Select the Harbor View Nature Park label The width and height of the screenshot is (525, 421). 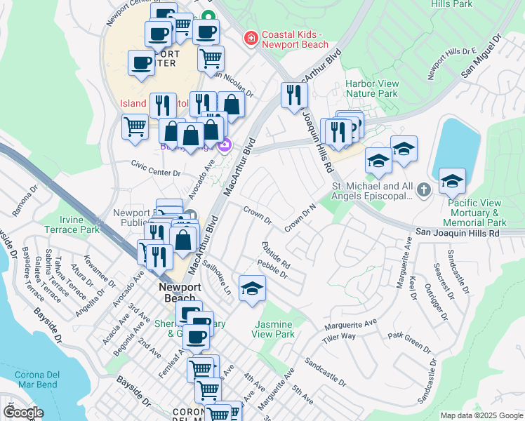pyautogui.click(x=372, y=88)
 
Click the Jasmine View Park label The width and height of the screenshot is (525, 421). pyautogui.click(x=274, y=330)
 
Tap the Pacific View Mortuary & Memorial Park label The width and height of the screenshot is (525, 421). pyautogui.click(x=484, y=213)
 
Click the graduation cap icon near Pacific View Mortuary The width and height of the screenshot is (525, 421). pyautogui.click(x=453, y=182)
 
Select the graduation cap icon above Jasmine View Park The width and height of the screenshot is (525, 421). pyautogui.click(x=252, y=289)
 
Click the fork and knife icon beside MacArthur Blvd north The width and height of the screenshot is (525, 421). pyautogui.click(x=294, y=95)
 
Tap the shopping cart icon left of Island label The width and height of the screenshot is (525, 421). pyautogui.click(x=135, y=128)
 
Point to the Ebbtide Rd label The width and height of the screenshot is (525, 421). pyautogui.click(x=276, y=256)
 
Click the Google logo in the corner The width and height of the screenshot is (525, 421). pyautogui.click(x=22, y=412)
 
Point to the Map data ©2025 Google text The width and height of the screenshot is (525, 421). pyautogui.click(x=481, y=415)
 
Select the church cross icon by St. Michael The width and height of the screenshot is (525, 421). pyautogui.click(x=423, y=190)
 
